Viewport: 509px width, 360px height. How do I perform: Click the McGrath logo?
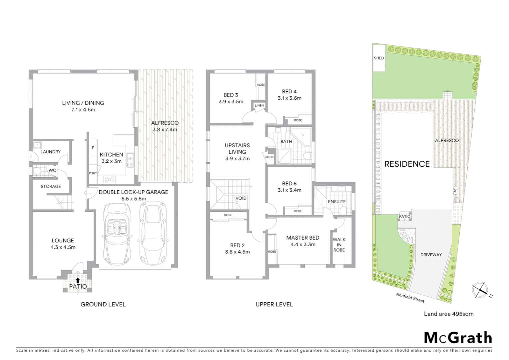coord(458,338)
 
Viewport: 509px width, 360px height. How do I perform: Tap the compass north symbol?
coord(480,289)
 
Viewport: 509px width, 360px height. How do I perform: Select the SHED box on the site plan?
coord(379,58)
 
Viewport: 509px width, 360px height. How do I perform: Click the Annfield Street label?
coord(410,297)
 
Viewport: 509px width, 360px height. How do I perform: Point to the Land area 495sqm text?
coord(448,314)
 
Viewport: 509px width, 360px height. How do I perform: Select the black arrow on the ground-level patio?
coord(78,281)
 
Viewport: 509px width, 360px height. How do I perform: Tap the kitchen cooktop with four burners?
coord(110,179)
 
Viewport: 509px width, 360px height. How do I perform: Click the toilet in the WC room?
coord(37,171)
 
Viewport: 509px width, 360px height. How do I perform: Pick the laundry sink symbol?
coord(37,145)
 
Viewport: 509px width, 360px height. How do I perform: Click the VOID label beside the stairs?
coord(241,198)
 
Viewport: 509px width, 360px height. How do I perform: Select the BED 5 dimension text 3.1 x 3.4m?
coord(289,190)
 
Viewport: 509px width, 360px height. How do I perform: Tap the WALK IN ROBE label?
coord(339,245)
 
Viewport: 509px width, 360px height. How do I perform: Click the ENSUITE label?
coord(336,202)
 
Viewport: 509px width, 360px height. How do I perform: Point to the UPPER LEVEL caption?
coord(274,304)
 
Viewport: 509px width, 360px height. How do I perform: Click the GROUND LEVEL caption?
coord(103,304)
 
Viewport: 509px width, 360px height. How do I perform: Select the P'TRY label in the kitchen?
coord(93,173)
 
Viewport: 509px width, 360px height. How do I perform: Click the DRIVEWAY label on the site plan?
coord(431,255)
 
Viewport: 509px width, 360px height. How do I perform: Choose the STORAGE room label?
coord(51,186)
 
